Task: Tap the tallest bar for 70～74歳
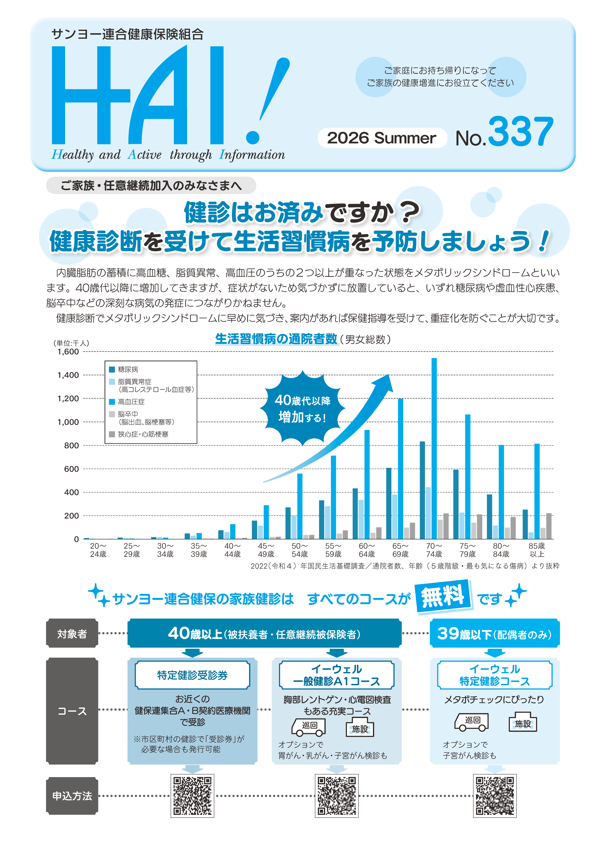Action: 434,448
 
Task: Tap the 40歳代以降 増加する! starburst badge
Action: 302,408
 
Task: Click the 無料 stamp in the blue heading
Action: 443,596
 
